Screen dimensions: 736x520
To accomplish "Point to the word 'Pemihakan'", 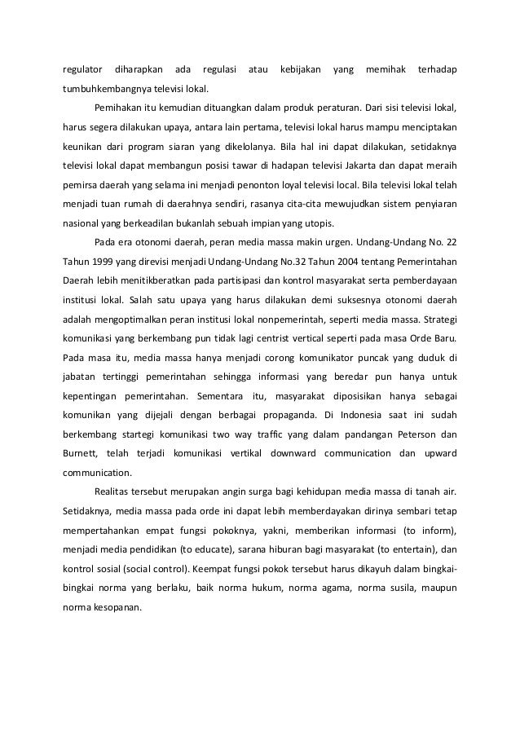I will point(119,108).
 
